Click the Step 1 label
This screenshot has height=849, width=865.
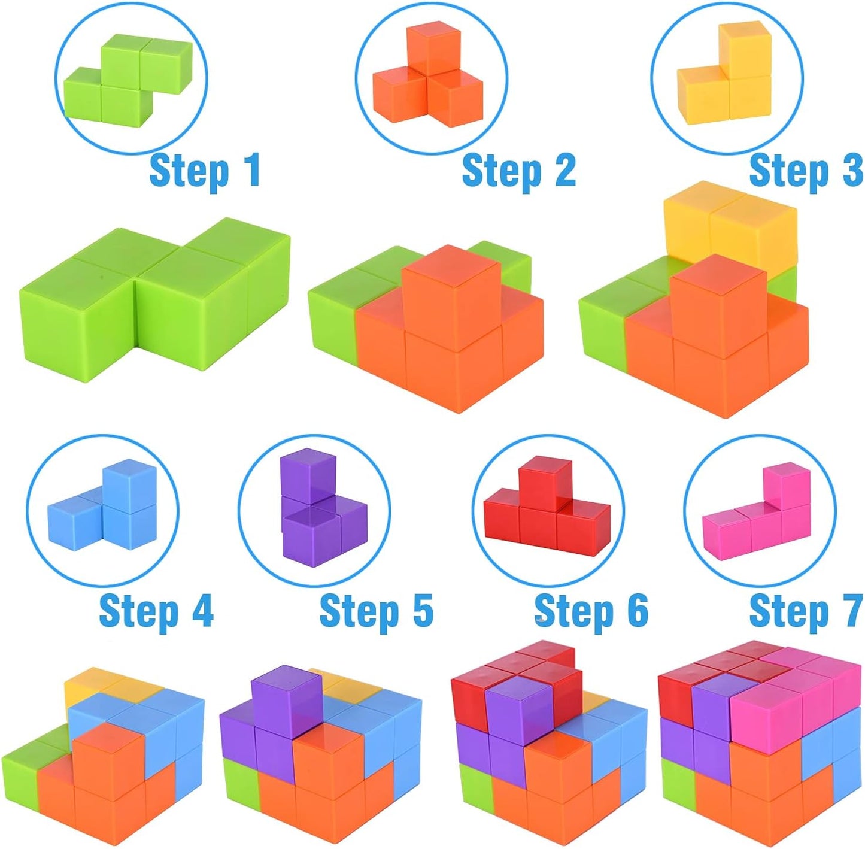point(205,171)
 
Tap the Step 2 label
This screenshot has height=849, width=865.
point(518,171)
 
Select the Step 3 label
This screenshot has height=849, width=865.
point(806,171)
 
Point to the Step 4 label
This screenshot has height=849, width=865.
point(156,611)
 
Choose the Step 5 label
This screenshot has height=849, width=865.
point(376,611)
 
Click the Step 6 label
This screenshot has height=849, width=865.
point(591,611)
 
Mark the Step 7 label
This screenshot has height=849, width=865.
point(806,611)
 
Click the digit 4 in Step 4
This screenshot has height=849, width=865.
point(202,611)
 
